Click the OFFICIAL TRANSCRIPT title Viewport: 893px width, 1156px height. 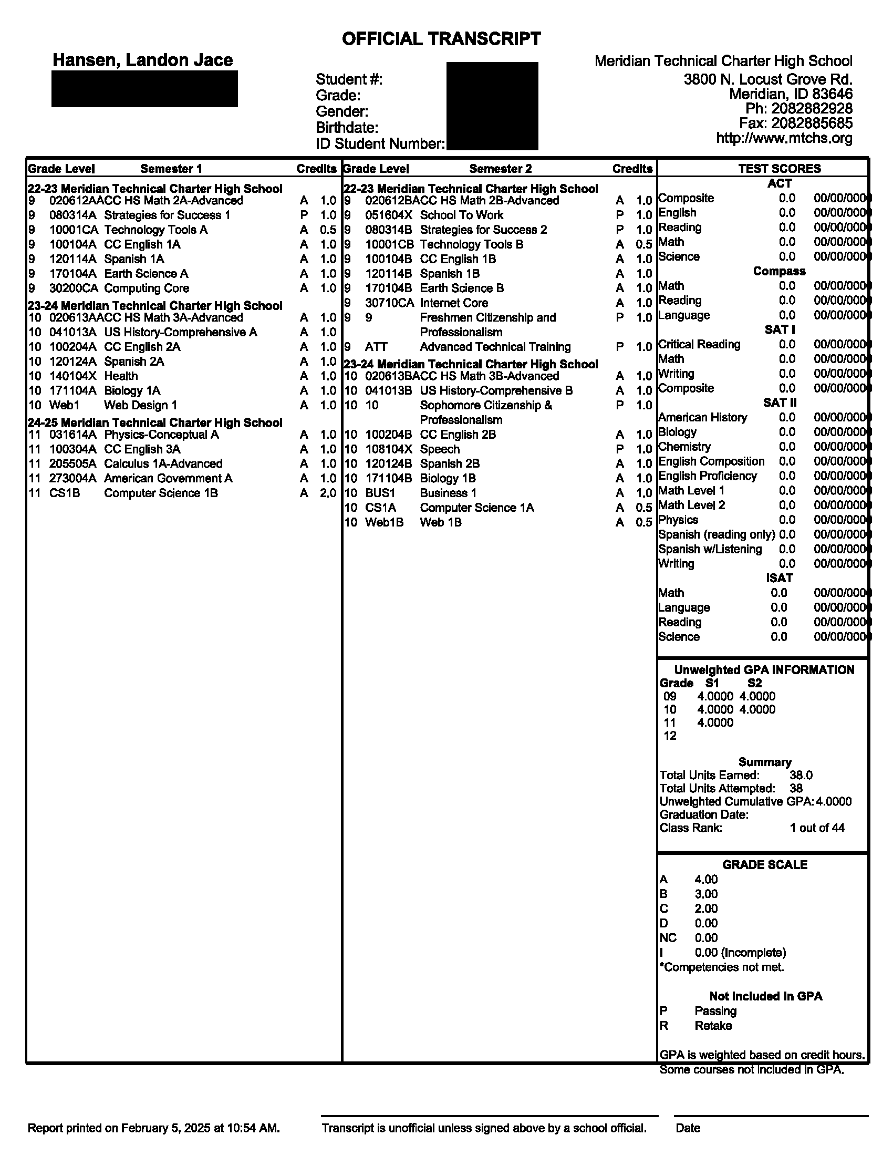[x=441, y=39]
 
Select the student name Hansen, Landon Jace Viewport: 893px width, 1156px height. [x=142, y=60]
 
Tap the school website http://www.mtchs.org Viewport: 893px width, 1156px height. [x=784, y=138]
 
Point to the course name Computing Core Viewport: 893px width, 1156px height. [x=147, y=288]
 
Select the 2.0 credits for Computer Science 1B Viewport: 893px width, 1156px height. [x=328, y=493]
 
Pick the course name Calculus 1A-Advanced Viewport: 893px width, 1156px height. [x=163, y=464]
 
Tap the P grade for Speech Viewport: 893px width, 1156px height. [x=619, y=449]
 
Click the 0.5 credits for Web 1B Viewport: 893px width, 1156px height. [x=644, y=522]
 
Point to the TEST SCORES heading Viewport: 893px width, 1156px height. [x=779, y=169]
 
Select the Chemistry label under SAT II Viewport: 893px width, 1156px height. [x=684, y=447]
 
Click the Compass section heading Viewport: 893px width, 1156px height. [x=779, y=272]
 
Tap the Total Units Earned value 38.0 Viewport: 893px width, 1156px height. [x=801, y=776]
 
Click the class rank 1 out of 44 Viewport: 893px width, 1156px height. [x=817, y=828]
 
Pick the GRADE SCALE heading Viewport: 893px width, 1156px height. [x=764, y=865]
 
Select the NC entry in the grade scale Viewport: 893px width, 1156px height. [x=668, y=938]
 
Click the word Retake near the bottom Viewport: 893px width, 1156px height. [x=713, y=1026]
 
